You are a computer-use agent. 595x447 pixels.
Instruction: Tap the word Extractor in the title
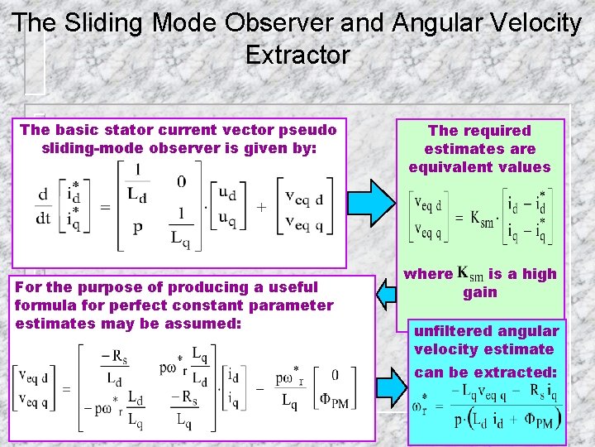tap(297, 55)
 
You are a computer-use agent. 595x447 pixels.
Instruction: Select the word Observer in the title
tap(288, 22)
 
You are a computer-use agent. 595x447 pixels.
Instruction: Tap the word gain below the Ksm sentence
tap(480, 292)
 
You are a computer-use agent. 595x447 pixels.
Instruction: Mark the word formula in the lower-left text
tap(44, 305)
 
